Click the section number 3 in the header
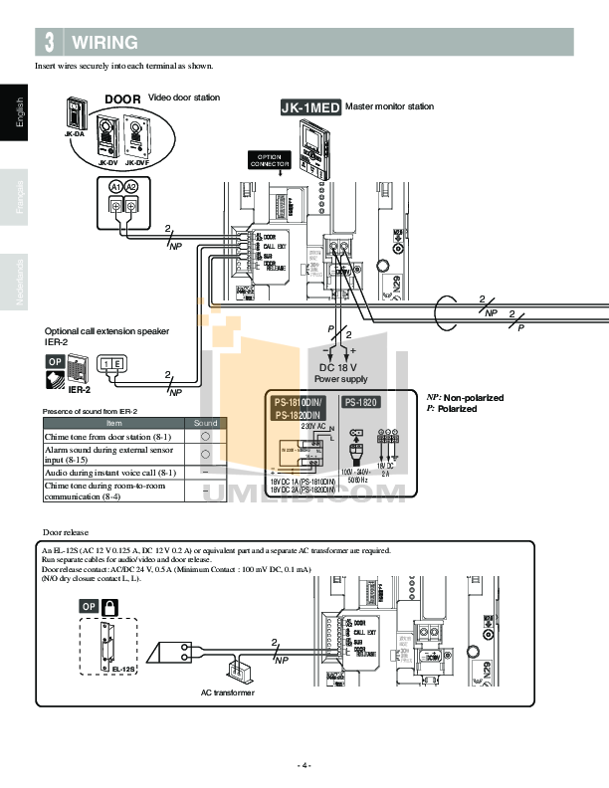[50, 43]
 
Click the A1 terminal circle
[115, 187]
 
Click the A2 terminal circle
[131, 187]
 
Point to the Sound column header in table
[204, 423]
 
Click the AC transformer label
[227, 691]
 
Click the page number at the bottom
[304, 765]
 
